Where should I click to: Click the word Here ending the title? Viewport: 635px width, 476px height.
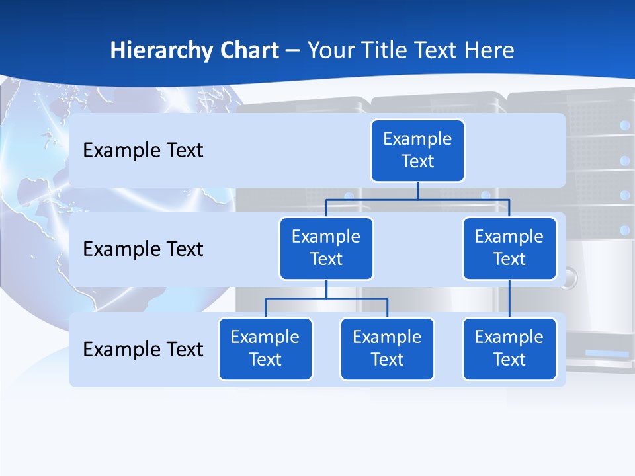(489, 51)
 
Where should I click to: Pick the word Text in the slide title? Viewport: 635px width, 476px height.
(438, 51)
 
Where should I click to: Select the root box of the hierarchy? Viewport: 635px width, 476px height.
(417, 150)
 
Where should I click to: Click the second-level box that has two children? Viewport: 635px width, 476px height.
(326, 248)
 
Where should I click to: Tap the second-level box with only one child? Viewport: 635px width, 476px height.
(509, 248)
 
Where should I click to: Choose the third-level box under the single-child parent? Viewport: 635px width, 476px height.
(509, 348)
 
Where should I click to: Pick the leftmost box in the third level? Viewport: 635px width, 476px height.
(265, 348)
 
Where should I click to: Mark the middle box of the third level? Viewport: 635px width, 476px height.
(387, 348)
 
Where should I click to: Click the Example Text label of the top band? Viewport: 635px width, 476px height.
(143, 150)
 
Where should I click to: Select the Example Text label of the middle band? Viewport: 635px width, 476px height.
(143, 249)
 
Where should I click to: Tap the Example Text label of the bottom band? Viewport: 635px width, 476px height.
(143, 349)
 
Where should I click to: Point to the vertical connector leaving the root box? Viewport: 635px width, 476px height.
(417, 190)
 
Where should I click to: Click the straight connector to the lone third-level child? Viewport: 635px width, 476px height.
(509, 299)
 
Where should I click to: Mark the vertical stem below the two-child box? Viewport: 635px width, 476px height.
(326, 290)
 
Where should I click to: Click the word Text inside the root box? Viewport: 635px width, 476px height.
(417, 161)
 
